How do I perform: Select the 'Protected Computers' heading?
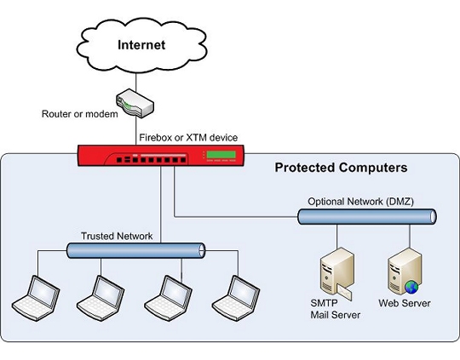click(x=341, y=168)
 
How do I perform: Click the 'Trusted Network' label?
click(x=116, y=237)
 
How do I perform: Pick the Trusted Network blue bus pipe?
click(x=136, y=250)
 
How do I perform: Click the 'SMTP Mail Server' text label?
click(x=336, y=309)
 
